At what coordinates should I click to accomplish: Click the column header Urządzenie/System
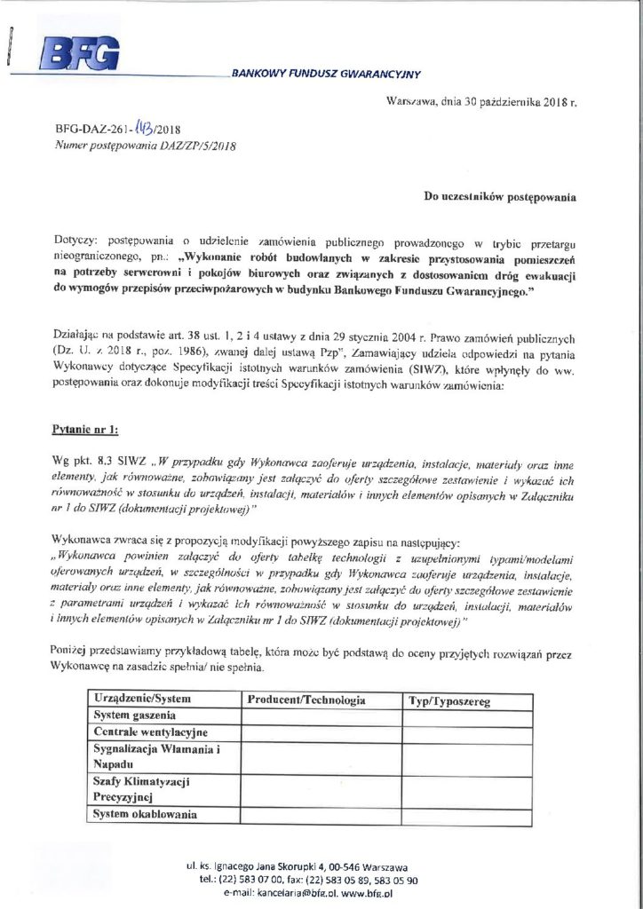pos(143,700)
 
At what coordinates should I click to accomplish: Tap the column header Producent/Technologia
pos(307,700)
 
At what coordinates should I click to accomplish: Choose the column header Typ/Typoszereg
pos(449,701)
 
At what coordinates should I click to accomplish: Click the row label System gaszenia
pos(136,715)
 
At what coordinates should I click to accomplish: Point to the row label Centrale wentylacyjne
pos(150,731)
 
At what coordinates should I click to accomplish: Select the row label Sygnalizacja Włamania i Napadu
pos(156,755)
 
